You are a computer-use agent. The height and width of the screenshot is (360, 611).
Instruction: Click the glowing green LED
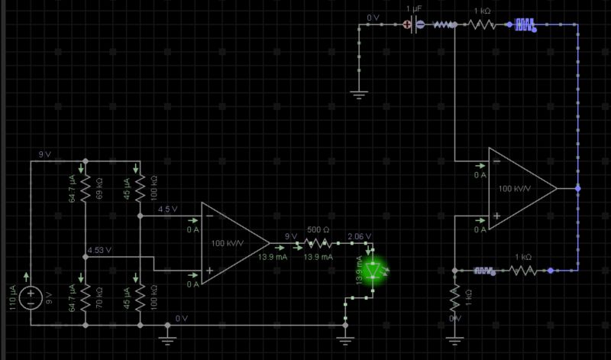click(x=373, y=271)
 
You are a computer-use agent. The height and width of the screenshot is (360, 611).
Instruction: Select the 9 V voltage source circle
click(x=31, y=296)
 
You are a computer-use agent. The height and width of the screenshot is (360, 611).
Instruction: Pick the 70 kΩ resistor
click(x=85, y=291)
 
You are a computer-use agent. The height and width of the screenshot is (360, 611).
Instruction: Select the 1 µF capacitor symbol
click(x=413, y=24)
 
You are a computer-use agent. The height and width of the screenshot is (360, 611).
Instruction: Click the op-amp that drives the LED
click(x=233, y=244)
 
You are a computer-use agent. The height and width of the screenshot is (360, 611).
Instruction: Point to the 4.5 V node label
click(x=167, y=209)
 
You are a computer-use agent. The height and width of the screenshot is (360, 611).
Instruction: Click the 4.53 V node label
click(x=99, y=250)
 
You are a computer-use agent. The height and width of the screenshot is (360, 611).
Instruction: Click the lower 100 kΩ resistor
click(x=141, y=291)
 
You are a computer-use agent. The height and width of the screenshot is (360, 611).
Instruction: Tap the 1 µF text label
click(x=413, y=8)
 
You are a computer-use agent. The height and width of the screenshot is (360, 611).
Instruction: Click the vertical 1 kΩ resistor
click(x=454, y=294)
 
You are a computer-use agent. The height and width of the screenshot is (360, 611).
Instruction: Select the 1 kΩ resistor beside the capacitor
click(x=481, y=24)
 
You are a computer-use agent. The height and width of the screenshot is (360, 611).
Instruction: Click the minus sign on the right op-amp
click(x=496, y=161)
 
